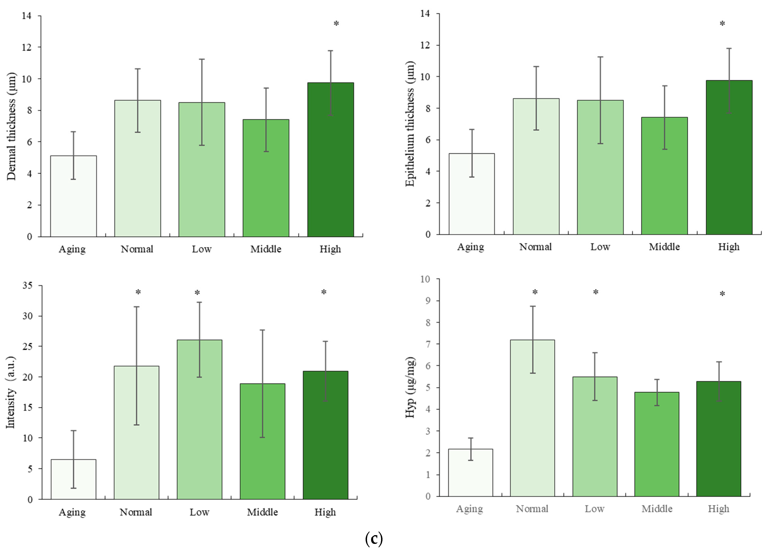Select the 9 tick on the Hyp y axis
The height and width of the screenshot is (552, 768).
click(x=427, y=301)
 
